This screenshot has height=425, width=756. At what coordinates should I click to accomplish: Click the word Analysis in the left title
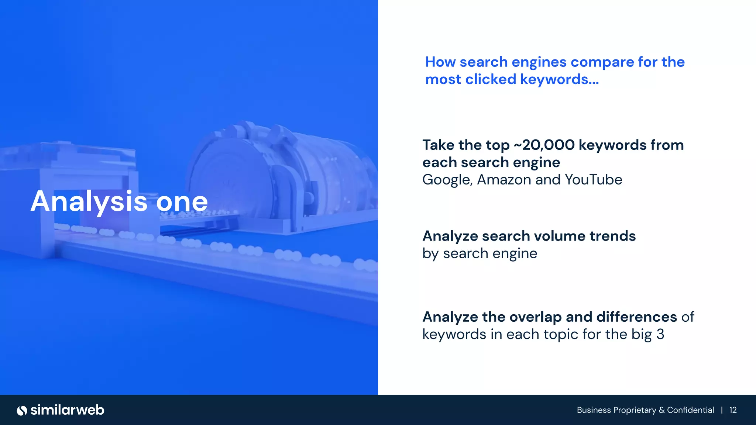point(89,202)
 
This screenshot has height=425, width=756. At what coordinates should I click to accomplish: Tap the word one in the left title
point(182,202)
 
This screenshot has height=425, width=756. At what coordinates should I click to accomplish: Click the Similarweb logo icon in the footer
point(22,410)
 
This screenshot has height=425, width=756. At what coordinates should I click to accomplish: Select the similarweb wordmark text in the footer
point(68,410)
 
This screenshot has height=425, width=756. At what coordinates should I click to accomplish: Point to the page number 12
point(733,410)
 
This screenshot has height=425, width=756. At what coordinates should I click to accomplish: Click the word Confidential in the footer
point(690,410)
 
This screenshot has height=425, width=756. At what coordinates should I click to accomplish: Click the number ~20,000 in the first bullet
point(544,145)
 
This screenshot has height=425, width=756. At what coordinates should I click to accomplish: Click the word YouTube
point(593,180)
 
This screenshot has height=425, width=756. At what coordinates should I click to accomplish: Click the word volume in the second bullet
point(560,236)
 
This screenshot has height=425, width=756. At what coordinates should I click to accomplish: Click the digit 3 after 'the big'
point(660,334)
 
